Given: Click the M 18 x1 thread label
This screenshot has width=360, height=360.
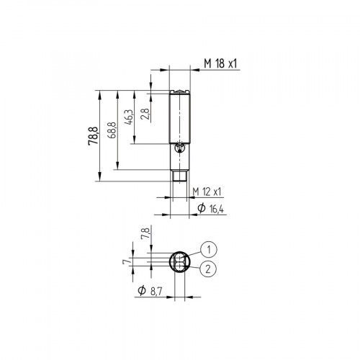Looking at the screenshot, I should tap(220, 65).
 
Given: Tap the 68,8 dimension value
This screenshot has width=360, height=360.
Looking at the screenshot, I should tap(110, 132).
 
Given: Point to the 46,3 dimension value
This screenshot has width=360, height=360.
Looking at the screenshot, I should tap(129, 117).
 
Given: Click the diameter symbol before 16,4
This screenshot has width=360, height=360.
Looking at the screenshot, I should tap(201, 209).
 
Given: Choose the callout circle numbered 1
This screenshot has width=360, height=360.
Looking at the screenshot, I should tap(207, 249).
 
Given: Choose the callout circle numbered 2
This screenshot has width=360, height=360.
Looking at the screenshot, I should tap(207, 269).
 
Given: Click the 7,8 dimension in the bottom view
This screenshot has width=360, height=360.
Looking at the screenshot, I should tap(146, 234).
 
